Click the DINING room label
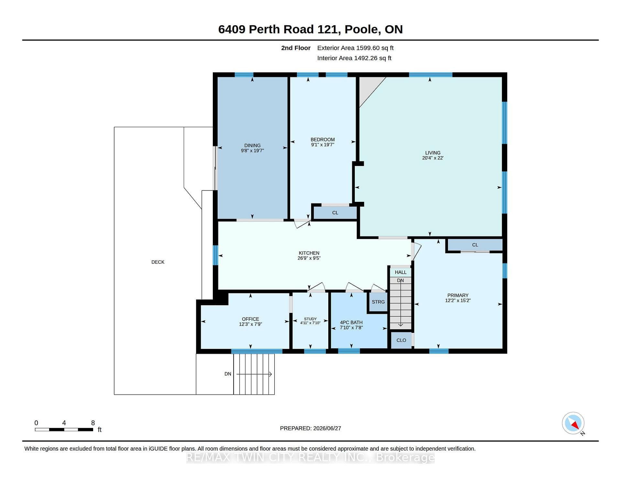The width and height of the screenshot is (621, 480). [252, 146]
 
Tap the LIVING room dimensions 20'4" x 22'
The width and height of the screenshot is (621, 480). [433, 158]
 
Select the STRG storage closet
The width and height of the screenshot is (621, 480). [378, 302]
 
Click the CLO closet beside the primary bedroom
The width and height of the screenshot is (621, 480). [401, 340]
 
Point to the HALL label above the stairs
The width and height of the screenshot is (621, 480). [400, 272]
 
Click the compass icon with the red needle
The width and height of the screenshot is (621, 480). [573, 423]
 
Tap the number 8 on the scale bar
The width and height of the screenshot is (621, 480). [93, 423]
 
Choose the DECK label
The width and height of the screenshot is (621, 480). [158, 262]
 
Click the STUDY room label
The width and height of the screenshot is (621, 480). [310, 319]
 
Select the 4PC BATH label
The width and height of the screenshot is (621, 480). [351, 322]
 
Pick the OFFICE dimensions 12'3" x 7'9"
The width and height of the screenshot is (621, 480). [250, 324]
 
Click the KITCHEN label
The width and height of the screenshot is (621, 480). [309, 253]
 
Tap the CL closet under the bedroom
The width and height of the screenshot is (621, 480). [335, 213]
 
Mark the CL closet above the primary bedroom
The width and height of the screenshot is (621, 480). [475, 245]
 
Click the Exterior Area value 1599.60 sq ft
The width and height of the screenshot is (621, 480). [375, 48]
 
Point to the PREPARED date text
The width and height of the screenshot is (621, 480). [310, 428]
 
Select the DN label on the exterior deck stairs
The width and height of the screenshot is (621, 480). [228, 374]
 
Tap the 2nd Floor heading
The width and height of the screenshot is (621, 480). [296, 48]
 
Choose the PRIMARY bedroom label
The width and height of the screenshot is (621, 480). [458, 295]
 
